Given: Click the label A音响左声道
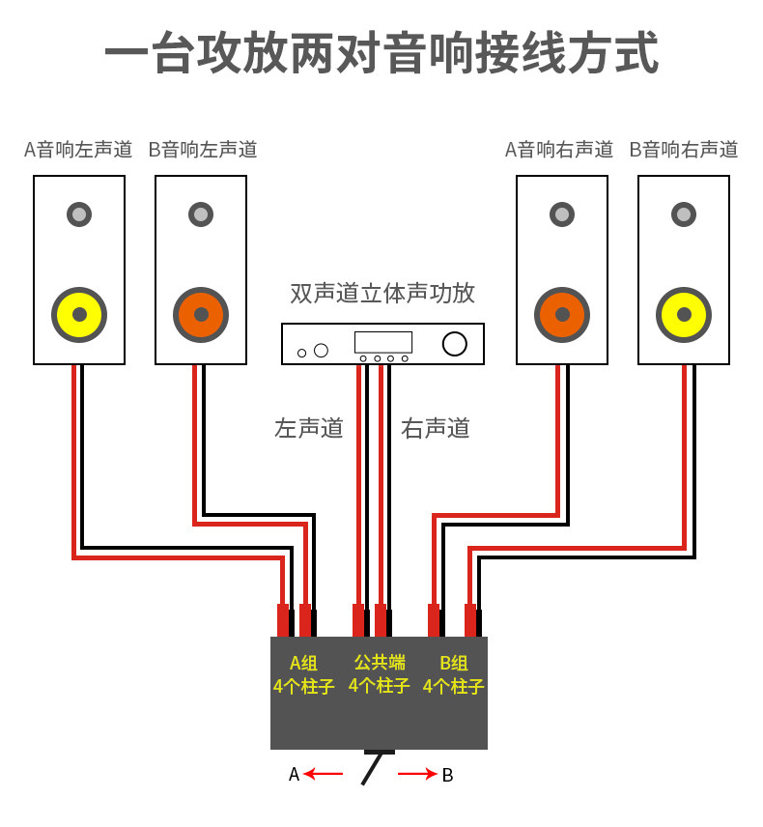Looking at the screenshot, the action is (78, 150).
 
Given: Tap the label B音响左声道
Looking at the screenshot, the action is (203, 150).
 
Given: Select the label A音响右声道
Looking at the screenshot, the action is (559, 150).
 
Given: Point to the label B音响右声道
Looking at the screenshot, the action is (684, 150).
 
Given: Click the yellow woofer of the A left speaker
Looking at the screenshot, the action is (79, 315).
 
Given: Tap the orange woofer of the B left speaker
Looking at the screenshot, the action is (201, 315).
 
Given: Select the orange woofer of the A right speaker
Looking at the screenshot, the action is (562, 315).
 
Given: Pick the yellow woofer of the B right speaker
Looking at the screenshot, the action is (684, 315).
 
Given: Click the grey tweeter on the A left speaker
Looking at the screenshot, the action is (79, 214).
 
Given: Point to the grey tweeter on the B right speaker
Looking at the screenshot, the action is (684, 214).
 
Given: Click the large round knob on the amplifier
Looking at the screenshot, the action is (455, 344).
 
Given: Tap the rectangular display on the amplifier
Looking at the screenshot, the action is (383, 342).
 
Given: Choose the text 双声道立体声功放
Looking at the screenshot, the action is (382, 294).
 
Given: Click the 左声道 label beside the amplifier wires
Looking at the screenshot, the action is (309, 428).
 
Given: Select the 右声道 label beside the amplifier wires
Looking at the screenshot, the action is (436, 428).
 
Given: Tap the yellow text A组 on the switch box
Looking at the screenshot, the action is (303, 663).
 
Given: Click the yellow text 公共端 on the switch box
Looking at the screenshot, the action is (380, 662).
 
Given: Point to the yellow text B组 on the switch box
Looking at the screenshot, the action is (454, 663).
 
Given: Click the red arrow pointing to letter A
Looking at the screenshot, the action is (324, 774).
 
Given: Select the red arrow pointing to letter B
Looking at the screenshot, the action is (417, 774).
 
